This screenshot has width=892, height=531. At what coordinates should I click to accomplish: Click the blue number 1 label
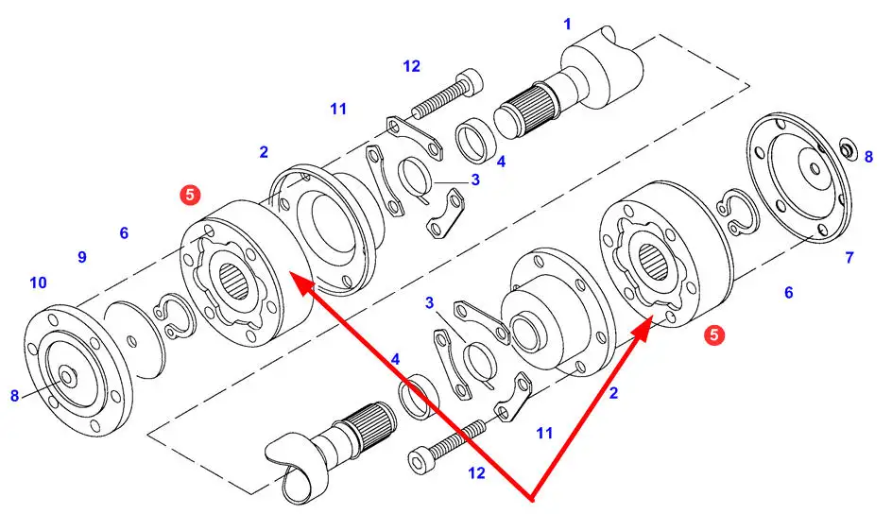coord(567,24)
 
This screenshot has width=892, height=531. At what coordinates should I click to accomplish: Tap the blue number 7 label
coord(849,258)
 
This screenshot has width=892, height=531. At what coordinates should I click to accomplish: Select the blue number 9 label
coord(82,257)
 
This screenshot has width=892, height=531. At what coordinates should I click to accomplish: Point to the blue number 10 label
coord(38,283)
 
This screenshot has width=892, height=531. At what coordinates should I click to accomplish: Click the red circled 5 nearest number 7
coord(714,334)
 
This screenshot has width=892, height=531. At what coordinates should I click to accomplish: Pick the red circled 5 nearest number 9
coord(190,196)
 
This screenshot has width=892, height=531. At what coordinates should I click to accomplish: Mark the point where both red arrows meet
coord(533,500)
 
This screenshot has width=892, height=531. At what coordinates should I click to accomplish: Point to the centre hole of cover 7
coord(815,168)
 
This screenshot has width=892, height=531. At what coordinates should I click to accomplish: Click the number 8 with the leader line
coord(15,396)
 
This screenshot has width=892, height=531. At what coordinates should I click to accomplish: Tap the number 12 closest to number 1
coord(411,66)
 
